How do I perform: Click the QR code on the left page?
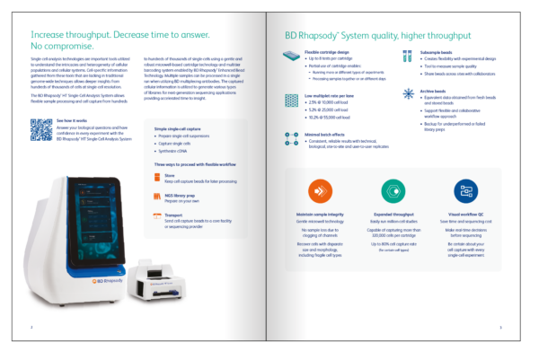pyautogui.click(x=40, y=129)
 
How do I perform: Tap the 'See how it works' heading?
pyautogui.click(x=72, y=119)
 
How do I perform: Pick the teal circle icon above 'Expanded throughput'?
pyautogui.click(x=393, y=191)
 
